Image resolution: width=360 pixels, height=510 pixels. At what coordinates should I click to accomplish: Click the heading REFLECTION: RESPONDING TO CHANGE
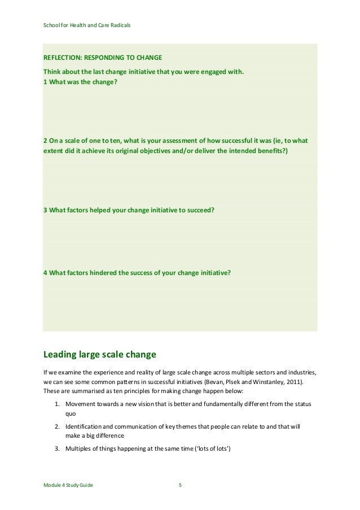[x=103, y=58]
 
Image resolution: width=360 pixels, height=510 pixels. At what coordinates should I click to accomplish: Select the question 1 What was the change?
[x=81, y=81]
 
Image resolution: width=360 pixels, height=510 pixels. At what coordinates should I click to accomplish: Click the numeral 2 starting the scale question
[x=45, y=140]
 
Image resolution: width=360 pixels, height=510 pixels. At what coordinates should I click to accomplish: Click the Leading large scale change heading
[x=99, y=355]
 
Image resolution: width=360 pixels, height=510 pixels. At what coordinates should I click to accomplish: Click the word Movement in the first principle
[x=80, y=404]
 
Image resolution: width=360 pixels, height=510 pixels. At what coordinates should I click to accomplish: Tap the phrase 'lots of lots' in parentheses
[x=210, y=448]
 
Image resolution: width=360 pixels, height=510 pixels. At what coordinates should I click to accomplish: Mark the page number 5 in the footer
[x=180, y=485]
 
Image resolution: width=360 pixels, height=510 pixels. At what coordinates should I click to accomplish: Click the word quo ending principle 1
[x=71, y=413]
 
